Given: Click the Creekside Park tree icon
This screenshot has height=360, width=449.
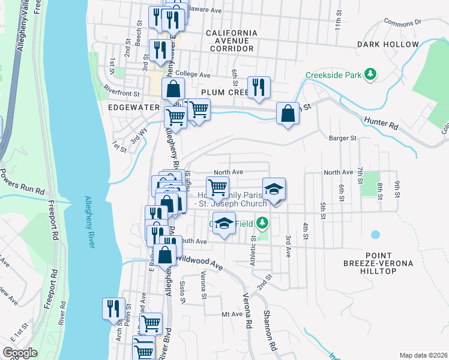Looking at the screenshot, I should click(372, 74).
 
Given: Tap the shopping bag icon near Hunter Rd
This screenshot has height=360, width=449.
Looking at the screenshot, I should click(288, 113).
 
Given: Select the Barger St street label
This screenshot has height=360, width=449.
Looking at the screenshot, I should click(343, 138).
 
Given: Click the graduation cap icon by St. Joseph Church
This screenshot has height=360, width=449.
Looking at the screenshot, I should click(274, 189).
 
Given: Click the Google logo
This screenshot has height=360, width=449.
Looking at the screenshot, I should click(20, 353).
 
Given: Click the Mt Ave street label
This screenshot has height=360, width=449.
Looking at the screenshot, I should click(232, 314).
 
